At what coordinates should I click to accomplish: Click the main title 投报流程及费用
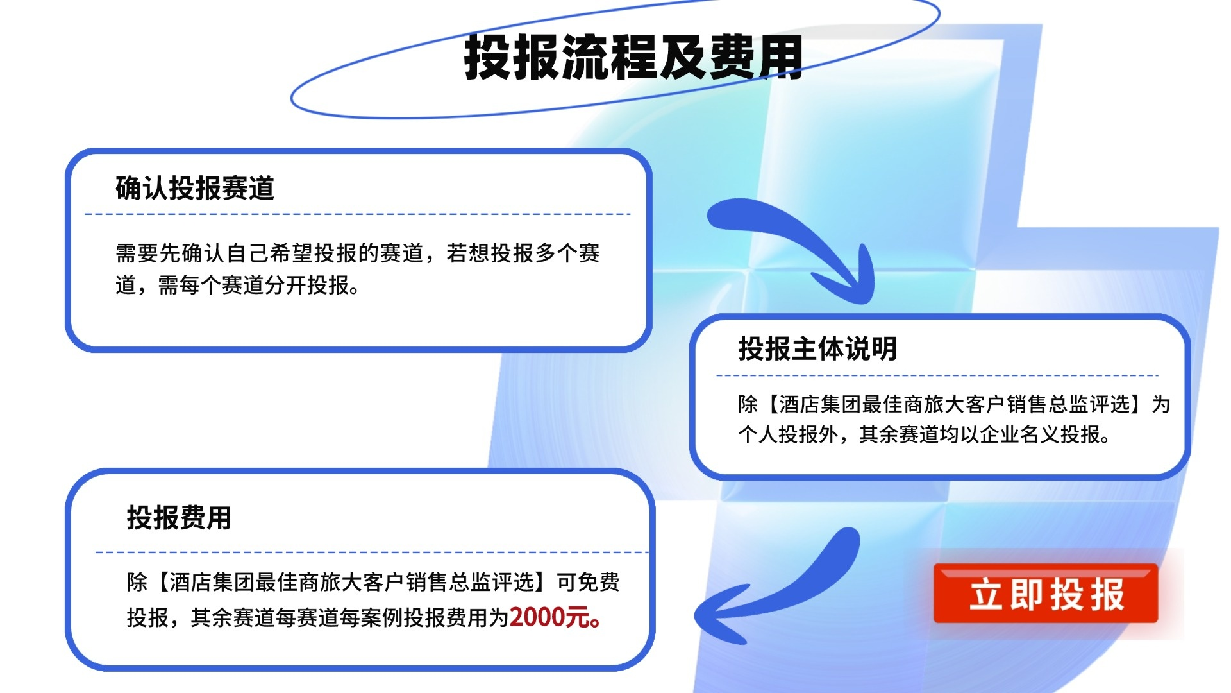pos(633,58)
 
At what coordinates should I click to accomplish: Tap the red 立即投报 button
pos(1046,594)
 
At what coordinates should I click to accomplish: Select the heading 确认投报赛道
pos(195,188)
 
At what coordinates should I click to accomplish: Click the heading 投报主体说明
pos(817,348)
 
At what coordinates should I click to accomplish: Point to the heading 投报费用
pos(179,517)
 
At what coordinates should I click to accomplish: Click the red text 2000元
pos(555,617)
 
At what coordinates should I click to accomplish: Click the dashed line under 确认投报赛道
pos(358,214)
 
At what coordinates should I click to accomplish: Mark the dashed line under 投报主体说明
pos(937,375)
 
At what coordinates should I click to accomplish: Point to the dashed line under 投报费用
pos(372,552)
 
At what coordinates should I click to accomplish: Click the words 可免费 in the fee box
pos(588,582)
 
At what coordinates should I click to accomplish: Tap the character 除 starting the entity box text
pos(748,404)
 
